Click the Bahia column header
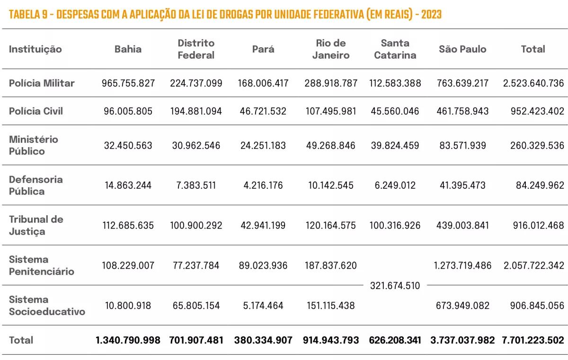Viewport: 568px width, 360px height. click(x=128, y=49)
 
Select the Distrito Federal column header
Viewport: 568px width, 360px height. click(x=196, y=49)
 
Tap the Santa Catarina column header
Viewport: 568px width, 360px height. click(x=395, y=49)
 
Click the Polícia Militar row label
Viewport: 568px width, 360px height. click(x=42, y=83)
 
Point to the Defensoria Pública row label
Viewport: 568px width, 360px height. click(x=35, y=185)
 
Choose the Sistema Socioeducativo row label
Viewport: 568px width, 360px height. click(x=47, y=306)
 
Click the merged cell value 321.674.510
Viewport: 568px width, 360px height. click(x=395, y=286)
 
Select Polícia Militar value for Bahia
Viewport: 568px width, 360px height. click(x=128, y=83)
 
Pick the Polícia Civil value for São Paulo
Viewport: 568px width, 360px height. click(x=462, y=111)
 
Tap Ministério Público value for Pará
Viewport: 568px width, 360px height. click(x=263, y=145)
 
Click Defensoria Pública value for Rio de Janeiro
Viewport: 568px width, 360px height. click(x=331, y=185)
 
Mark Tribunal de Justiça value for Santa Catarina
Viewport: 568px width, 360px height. click(x=395, y=226)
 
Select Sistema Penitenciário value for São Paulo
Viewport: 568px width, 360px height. click(x=462, y=265)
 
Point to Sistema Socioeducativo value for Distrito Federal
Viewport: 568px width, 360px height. click(x=196, y=306)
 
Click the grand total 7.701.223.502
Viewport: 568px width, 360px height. click(x=533, y=340)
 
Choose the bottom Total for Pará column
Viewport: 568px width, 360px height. click(x=263, y=340)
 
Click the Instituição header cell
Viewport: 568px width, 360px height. click(x=35, y=49)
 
